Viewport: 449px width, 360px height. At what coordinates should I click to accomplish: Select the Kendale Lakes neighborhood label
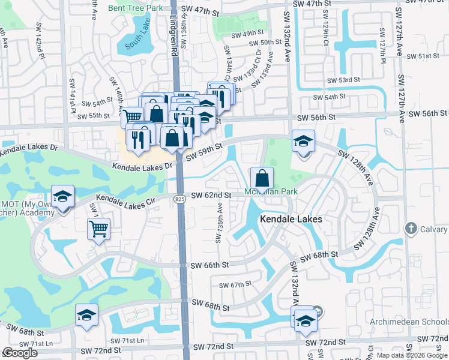[x=291, y=220]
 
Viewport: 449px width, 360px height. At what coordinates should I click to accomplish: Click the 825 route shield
[x=180, y=199]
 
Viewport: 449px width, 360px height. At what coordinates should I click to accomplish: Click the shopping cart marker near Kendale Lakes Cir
[x=98, y=229]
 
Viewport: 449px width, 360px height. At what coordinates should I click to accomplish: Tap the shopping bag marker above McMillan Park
[x=262, y=178]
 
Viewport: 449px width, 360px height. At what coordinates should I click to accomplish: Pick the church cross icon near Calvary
[x=411, y=229]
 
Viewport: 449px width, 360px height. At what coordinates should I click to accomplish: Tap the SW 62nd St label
[x=211, y=196]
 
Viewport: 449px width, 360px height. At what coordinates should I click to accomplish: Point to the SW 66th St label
[x=209, y=265]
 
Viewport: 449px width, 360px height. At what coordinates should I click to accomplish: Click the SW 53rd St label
[x=343, y=80]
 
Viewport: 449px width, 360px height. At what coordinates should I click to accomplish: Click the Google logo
[x=20, y=353]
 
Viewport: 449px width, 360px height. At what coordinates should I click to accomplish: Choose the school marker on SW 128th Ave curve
[x=303, y=142]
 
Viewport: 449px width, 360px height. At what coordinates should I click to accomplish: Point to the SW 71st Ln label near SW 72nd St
[x=133, y=341]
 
